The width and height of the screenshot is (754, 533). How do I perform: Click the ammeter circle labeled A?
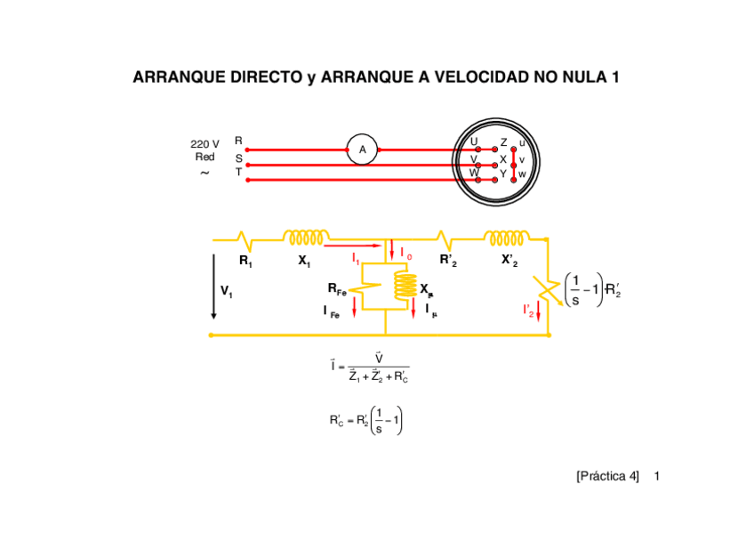362,150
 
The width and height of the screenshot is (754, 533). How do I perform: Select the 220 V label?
205,143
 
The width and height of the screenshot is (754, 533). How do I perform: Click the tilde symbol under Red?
205,173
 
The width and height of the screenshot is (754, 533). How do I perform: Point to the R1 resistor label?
245,262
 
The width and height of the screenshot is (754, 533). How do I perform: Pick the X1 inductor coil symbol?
305,238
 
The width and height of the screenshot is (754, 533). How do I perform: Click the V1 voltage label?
227,291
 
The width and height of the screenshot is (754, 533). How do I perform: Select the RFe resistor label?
337,290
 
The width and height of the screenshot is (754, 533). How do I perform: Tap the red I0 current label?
405,254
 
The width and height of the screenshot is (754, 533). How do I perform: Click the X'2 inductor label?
510,261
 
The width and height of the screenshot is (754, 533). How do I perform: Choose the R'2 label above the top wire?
448,261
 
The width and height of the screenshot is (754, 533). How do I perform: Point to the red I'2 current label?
528,311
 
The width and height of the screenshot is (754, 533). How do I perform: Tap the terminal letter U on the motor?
474,142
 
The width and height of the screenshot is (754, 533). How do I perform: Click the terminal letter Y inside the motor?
503,174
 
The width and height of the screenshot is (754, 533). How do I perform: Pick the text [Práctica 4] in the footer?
607,476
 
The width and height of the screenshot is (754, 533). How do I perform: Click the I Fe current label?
331,311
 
